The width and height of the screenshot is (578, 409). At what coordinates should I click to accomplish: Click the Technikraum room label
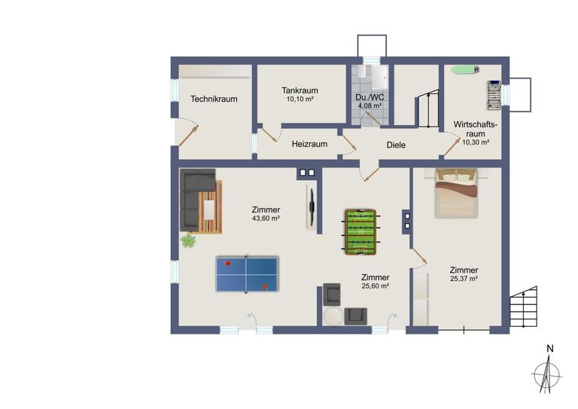pos(214,99)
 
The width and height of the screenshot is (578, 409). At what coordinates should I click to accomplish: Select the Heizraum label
pos(309,144)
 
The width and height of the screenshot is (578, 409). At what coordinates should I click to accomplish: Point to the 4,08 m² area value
pos(369,106)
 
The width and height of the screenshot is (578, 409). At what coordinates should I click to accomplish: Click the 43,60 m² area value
pos(266,218)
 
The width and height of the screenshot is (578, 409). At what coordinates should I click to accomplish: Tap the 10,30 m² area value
pos(475,142)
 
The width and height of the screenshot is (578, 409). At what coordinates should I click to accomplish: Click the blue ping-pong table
pos(247,274)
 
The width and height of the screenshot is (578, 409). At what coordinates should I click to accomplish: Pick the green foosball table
pos(360,232)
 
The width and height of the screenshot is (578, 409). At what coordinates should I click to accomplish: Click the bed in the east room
pos(455,193)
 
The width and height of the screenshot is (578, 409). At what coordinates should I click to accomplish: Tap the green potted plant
pos(187,241)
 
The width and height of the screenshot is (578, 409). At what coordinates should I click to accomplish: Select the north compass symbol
pos(546,374)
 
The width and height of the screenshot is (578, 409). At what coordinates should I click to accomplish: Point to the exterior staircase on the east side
pos(524,307)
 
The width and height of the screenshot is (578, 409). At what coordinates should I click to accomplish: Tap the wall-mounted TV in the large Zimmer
pos(311,206)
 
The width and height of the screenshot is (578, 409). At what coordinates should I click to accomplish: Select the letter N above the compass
pos(550,348)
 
